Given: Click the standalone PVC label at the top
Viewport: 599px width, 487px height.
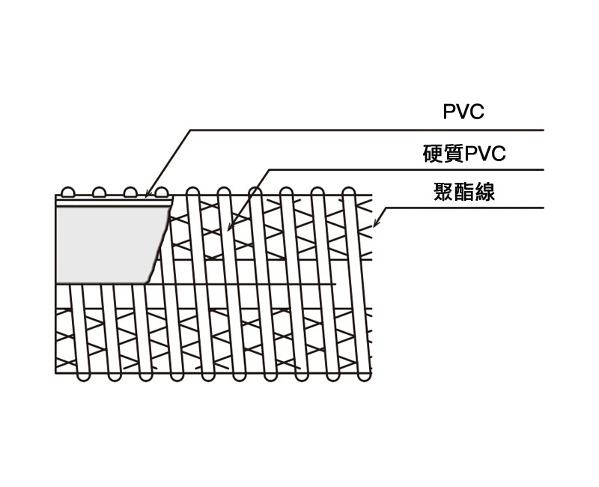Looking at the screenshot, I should tap(463, 113).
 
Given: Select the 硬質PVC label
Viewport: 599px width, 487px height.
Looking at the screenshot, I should tap(464, 154).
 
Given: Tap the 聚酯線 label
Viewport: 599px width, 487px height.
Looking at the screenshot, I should tap(464, 193).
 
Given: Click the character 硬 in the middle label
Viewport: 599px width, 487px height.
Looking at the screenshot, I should tap(433, 154).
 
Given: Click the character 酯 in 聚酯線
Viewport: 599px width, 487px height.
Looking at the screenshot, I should tap(464, 193).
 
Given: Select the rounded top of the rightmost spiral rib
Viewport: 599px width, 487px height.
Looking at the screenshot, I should tap(347, 190).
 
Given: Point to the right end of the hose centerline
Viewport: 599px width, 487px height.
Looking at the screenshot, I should tap(335, 284).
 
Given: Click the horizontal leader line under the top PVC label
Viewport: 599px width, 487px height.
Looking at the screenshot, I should tap(374, 130).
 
